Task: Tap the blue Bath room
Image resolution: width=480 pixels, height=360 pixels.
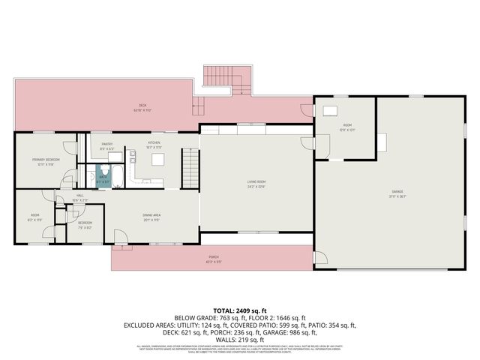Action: [103, 180]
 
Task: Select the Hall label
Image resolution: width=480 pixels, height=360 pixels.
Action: [80, 198]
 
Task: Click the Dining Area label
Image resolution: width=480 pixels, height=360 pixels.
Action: [151, 218]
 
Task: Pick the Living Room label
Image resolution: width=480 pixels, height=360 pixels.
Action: [256, 183]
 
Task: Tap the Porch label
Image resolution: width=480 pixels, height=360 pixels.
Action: [214, 260]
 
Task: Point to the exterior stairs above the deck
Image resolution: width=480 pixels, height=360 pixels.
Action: [227, 79]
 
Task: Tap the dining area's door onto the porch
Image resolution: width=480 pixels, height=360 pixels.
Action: [120, 239]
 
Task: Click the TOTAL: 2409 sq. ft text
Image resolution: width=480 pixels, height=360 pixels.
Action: [240, 309]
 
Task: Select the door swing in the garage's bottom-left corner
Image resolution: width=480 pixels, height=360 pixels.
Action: [321, 256]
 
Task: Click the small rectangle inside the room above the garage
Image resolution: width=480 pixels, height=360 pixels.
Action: [329, 110]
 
